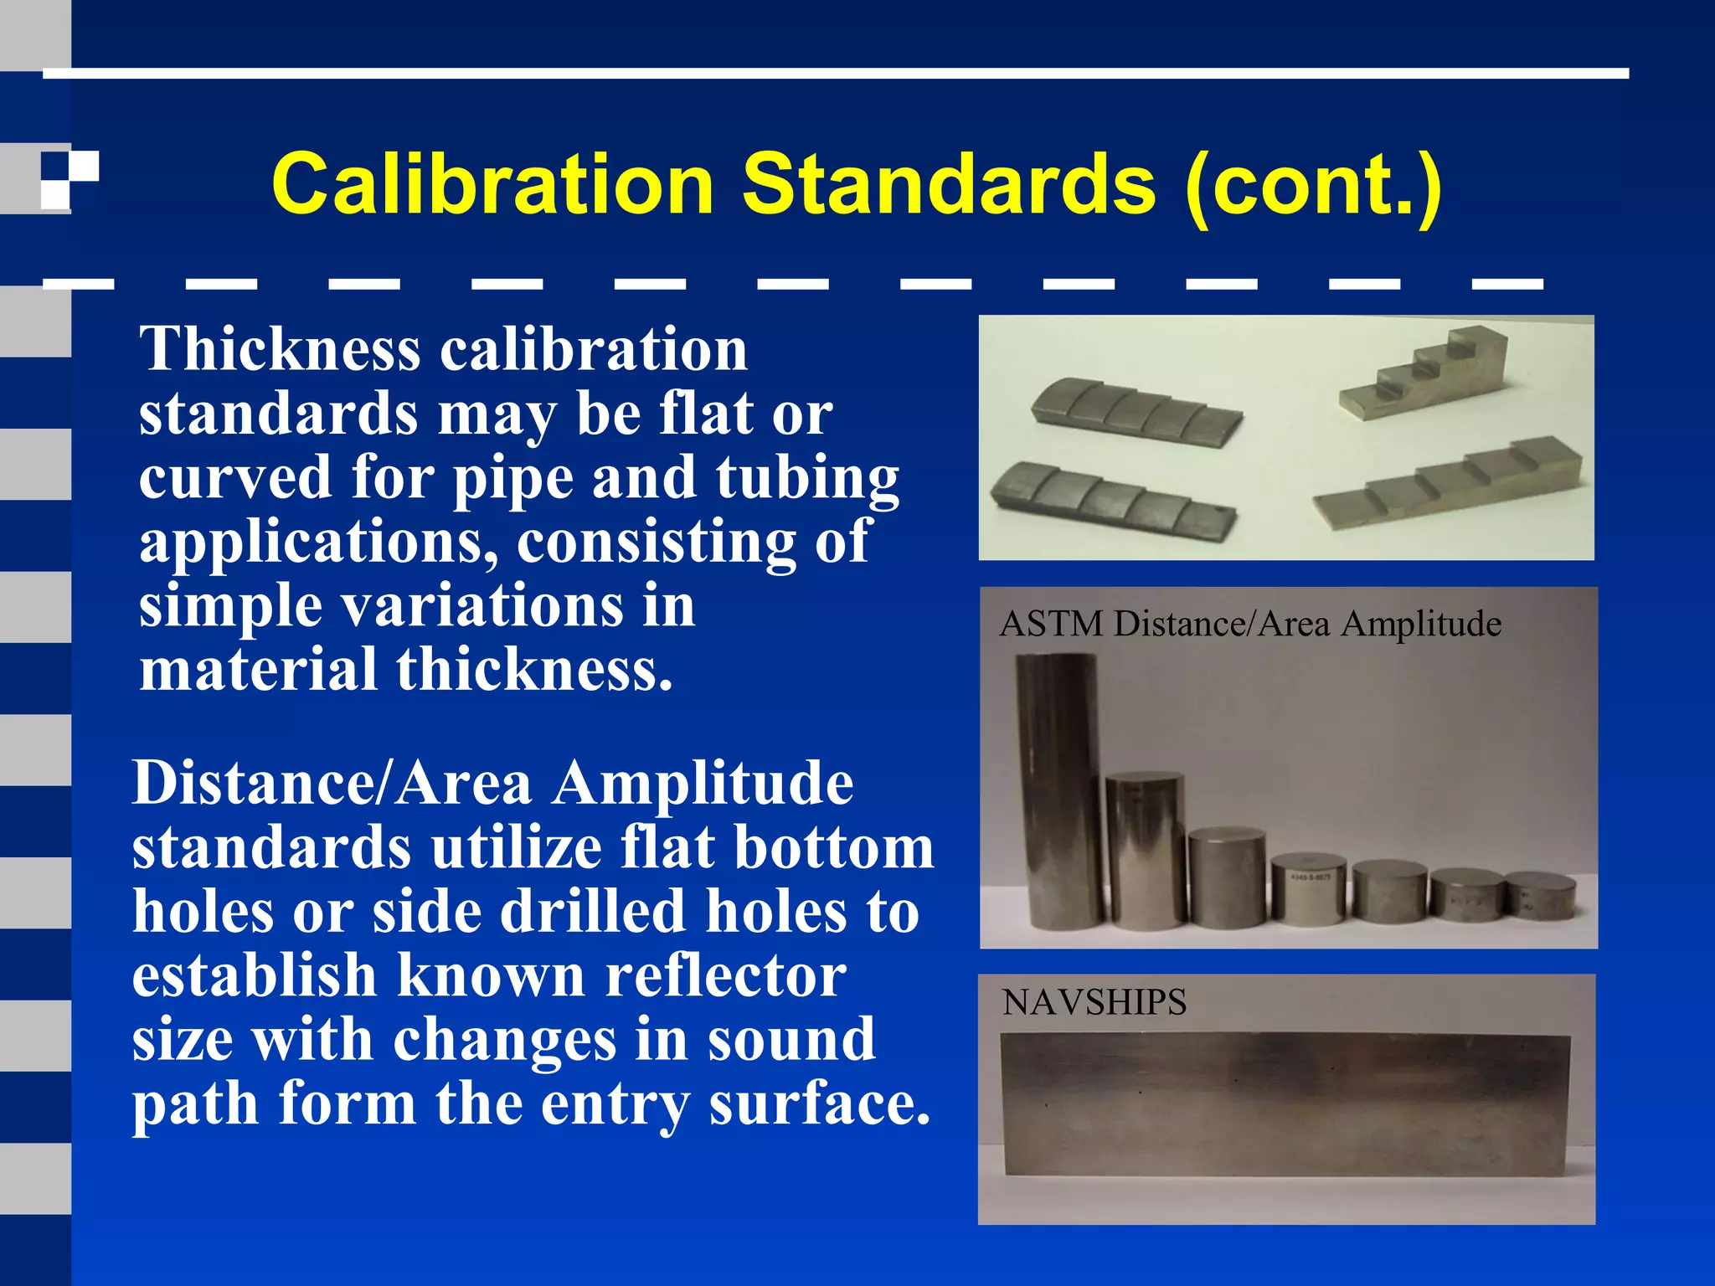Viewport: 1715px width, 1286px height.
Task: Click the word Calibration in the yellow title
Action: (492, 184)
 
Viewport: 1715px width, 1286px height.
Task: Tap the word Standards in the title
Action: (949, 184)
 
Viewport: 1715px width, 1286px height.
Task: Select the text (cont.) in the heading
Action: (1313, 186)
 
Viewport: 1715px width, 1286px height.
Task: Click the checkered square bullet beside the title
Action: (70, 179)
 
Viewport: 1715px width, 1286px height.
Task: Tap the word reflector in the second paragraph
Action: (725, 975)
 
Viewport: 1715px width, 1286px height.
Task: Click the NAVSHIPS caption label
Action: (1094, 1003)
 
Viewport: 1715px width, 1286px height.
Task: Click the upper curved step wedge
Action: (1136, 412)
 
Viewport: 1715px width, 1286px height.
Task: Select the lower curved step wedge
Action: (1111, 497)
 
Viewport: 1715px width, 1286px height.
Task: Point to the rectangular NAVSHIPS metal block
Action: (1285, 1103)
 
